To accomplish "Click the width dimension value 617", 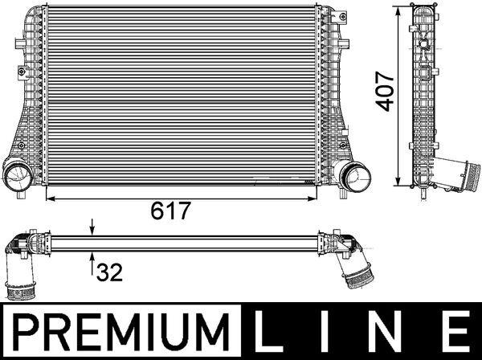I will point(170,211).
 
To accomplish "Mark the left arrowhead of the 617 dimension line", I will point(51,195).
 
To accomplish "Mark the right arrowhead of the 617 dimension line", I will point(317,195).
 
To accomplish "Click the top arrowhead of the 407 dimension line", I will point(399,10).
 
